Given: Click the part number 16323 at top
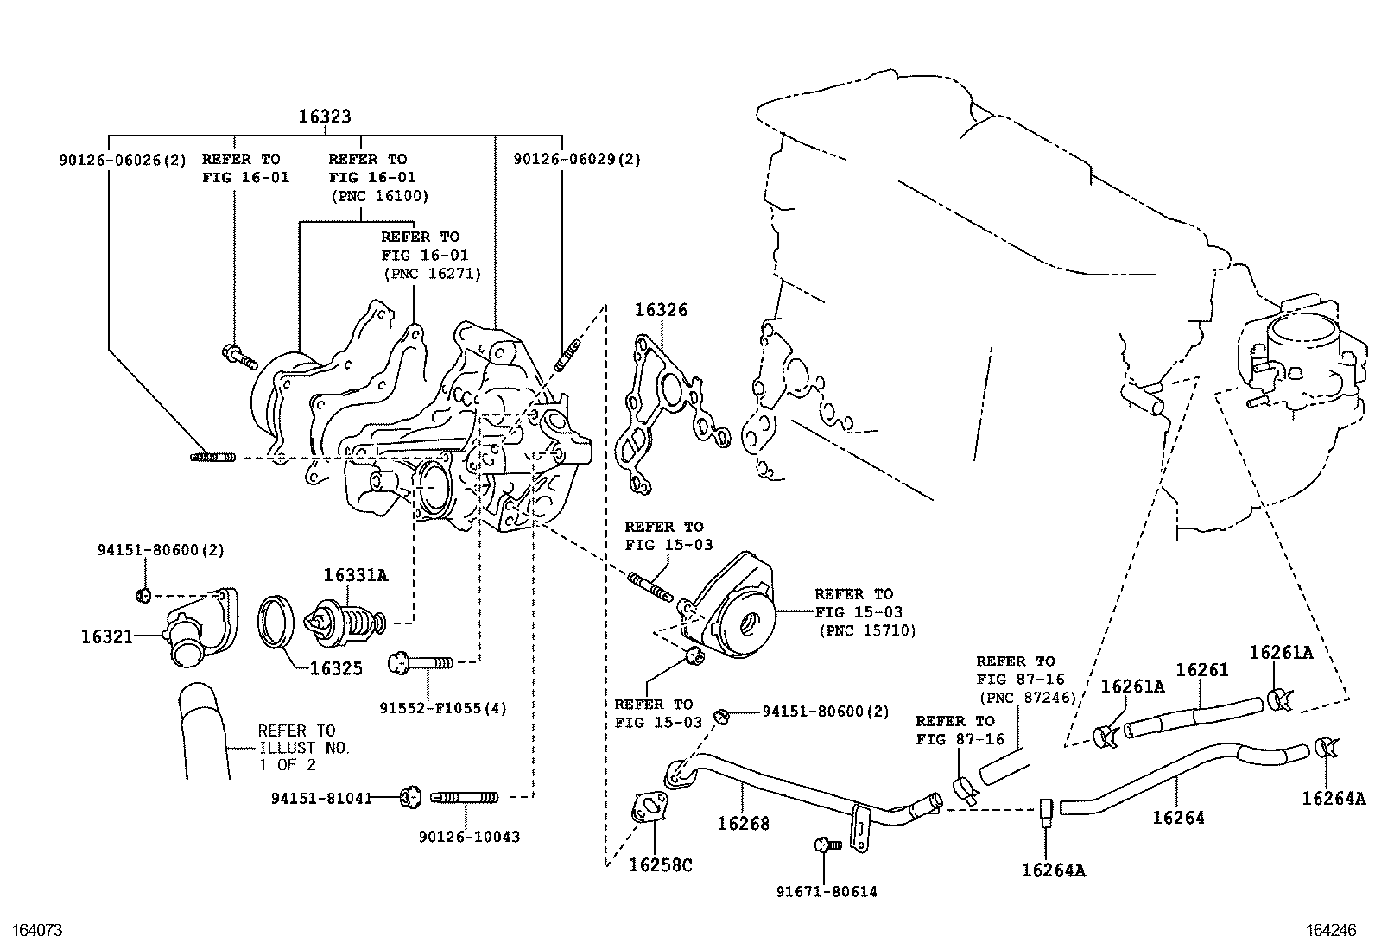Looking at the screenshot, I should (x=325, y=117).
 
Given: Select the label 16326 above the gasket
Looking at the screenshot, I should (x=662, y=309).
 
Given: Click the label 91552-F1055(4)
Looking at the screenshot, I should (x=443, y=708).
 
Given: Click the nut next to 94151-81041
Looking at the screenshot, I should (x=409, y=796).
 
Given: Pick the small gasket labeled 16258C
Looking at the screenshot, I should (x=649, y=808).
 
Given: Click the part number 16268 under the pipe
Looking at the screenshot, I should (x=743, y=824).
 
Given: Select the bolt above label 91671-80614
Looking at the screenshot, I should (x=823, y=845).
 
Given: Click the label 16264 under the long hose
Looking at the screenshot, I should (x=1178, y=817).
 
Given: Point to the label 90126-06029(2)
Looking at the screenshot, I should (x=577, y=159).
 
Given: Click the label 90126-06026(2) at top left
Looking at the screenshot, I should (x=123, y=160).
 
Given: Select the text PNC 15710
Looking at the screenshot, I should (x=867, y=631).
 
